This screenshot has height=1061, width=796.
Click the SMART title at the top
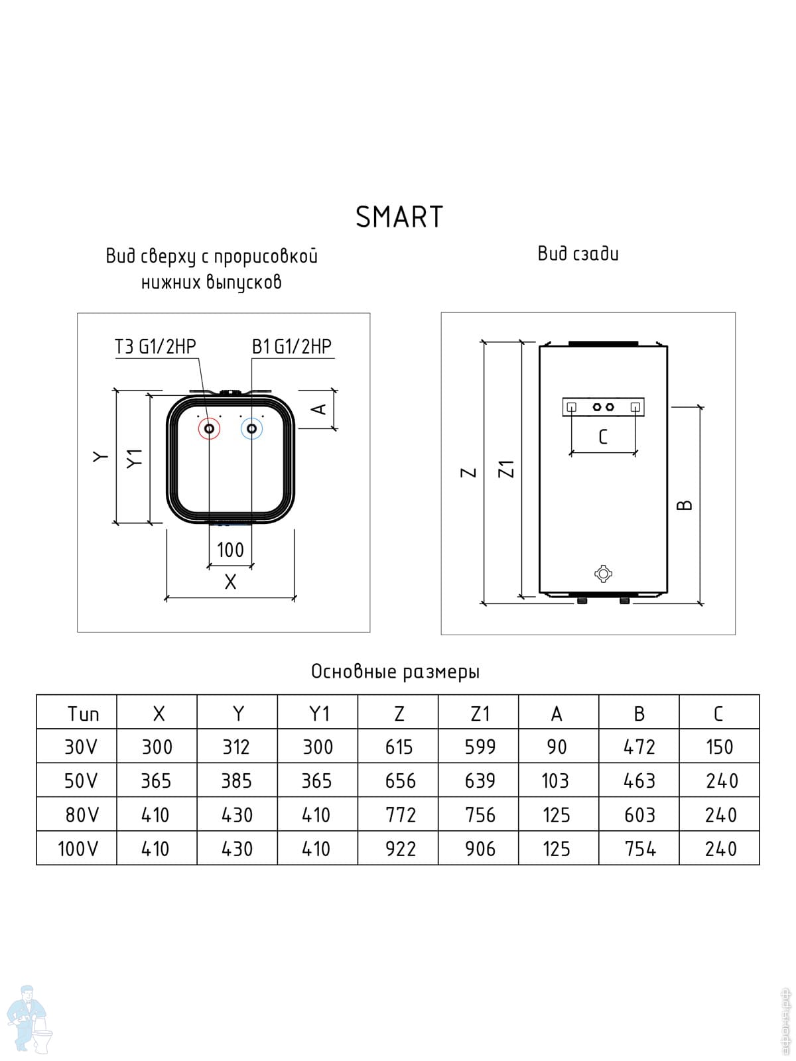[x=399, y=217]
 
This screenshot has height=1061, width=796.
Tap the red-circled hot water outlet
[x=209, y=429]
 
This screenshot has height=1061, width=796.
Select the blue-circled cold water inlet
[x=252, y=429]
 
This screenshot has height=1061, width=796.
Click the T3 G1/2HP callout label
[x=155, y=347]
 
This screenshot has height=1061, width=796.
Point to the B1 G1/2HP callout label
[x=292, y=347]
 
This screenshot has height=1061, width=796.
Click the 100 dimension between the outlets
[x=230, y=550]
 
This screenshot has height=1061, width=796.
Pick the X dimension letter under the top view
[x=231, y=582]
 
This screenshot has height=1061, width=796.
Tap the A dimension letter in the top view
[x=319, y=409]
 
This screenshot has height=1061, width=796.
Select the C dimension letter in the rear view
[x=603, y=437]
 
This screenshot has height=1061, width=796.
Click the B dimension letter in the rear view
[x=685, y=505]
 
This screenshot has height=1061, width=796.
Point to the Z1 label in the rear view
[x=507, y=469]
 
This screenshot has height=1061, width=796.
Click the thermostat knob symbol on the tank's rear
[x=603, y=574]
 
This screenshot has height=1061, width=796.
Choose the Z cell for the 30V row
[x=399, y=747]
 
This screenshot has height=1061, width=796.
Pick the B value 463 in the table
[x=639, y=781]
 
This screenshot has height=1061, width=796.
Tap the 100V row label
[x=78, y=849]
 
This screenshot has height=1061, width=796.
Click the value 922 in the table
[x=400, y=849]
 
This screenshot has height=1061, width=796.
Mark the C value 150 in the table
[x=719, y=747]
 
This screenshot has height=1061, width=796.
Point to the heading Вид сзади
[x=578, y=254]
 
